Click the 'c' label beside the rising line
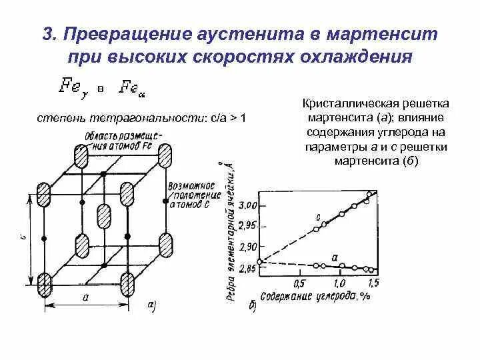coord(318,217)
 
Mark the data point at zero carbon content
coord(260,261)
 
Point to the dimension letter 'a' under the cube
coord(86,298)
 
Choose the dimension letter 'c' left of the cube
coord(23,236)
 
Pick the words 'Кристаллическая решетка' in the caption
coord(376,105)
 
